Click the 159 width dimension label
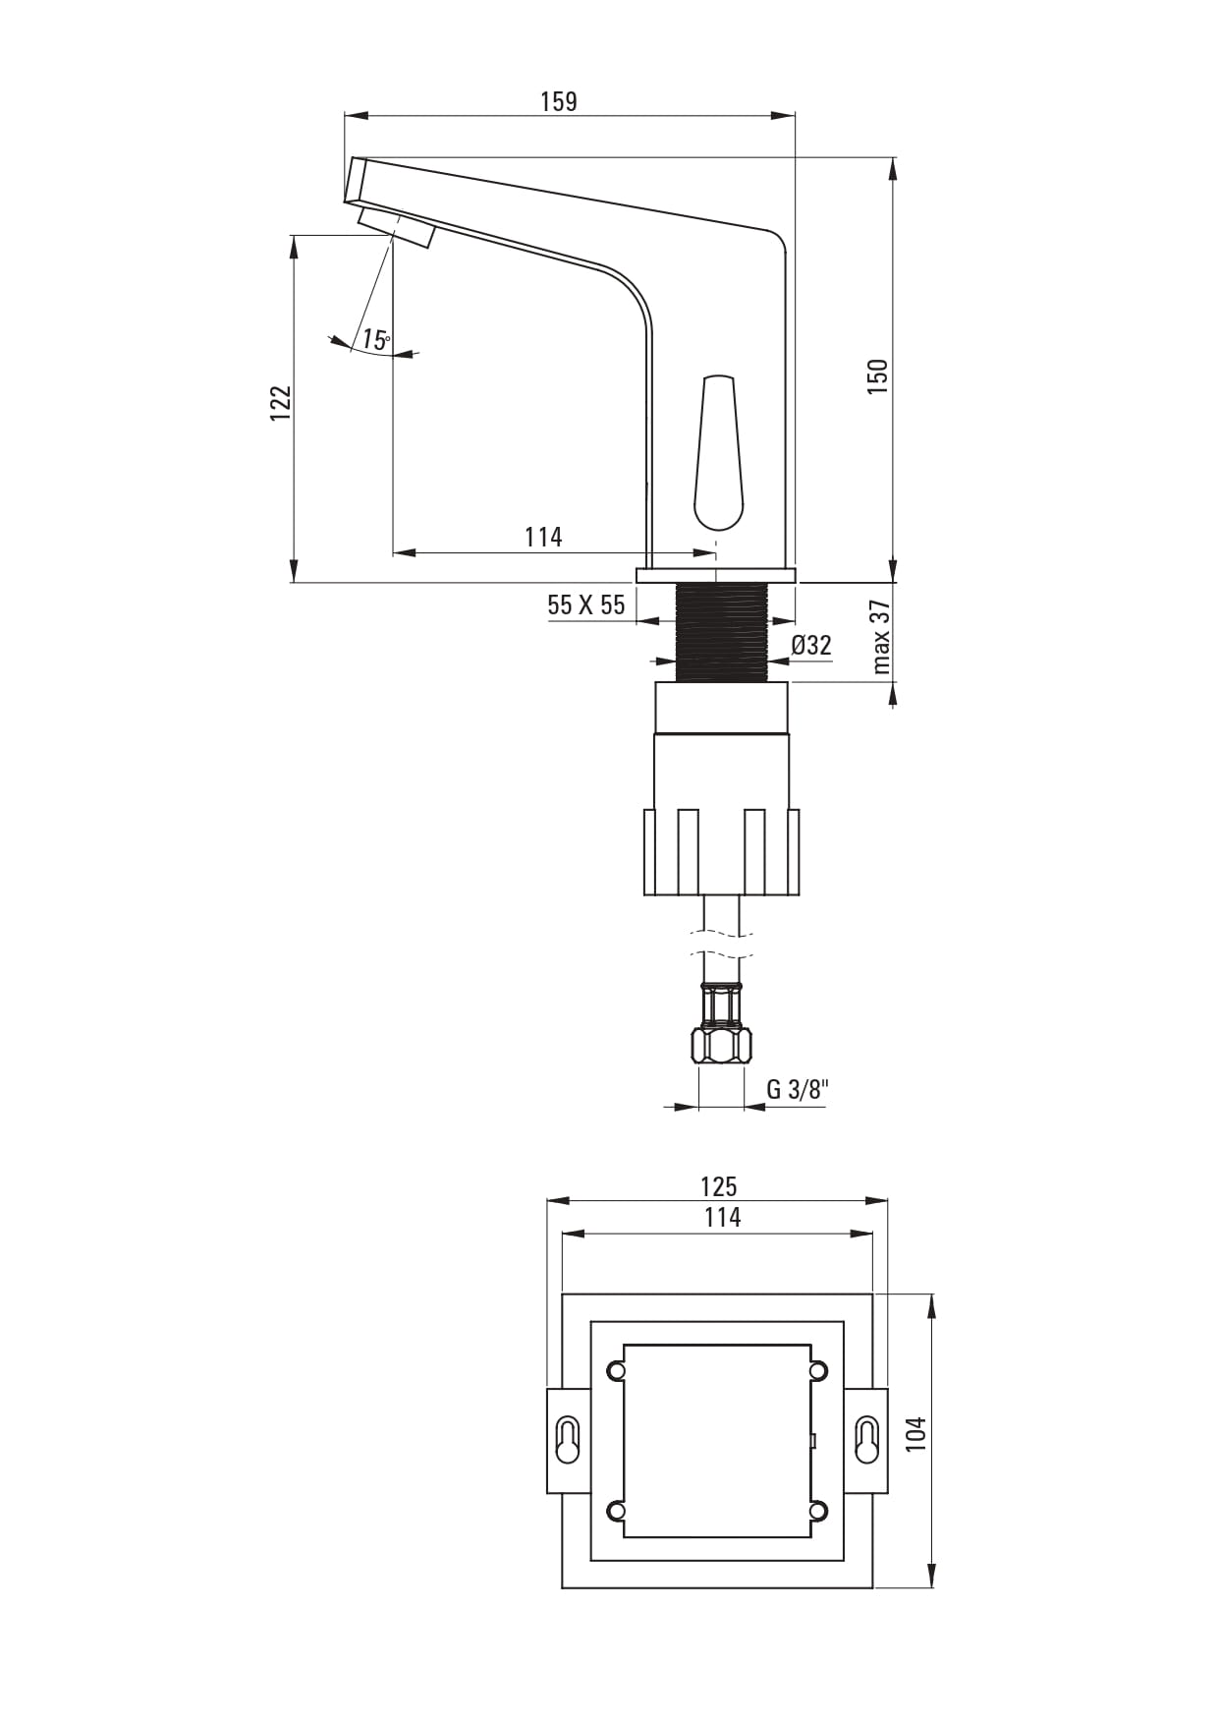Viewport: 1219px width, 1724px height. (559, 101)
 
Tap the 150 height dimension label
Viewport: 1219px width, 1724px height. (877, 377)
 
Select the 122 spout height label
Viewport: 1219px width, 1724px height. (281, 403)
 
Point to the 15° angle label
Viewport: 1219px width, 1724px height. (375, 340)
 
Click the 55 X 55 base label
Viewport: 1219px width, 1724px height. (586, 604)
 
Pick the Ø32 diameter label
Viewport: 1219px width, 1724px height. (811, 645)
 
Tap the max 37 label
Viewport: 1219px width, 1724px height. (881, 637)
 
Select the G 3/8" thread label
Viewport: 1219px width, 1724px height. (798, 1089)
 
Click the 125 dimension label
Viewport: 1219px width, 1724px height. (719, 1186)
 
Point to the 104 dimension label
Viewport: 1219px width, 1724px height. (915, 1434)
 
